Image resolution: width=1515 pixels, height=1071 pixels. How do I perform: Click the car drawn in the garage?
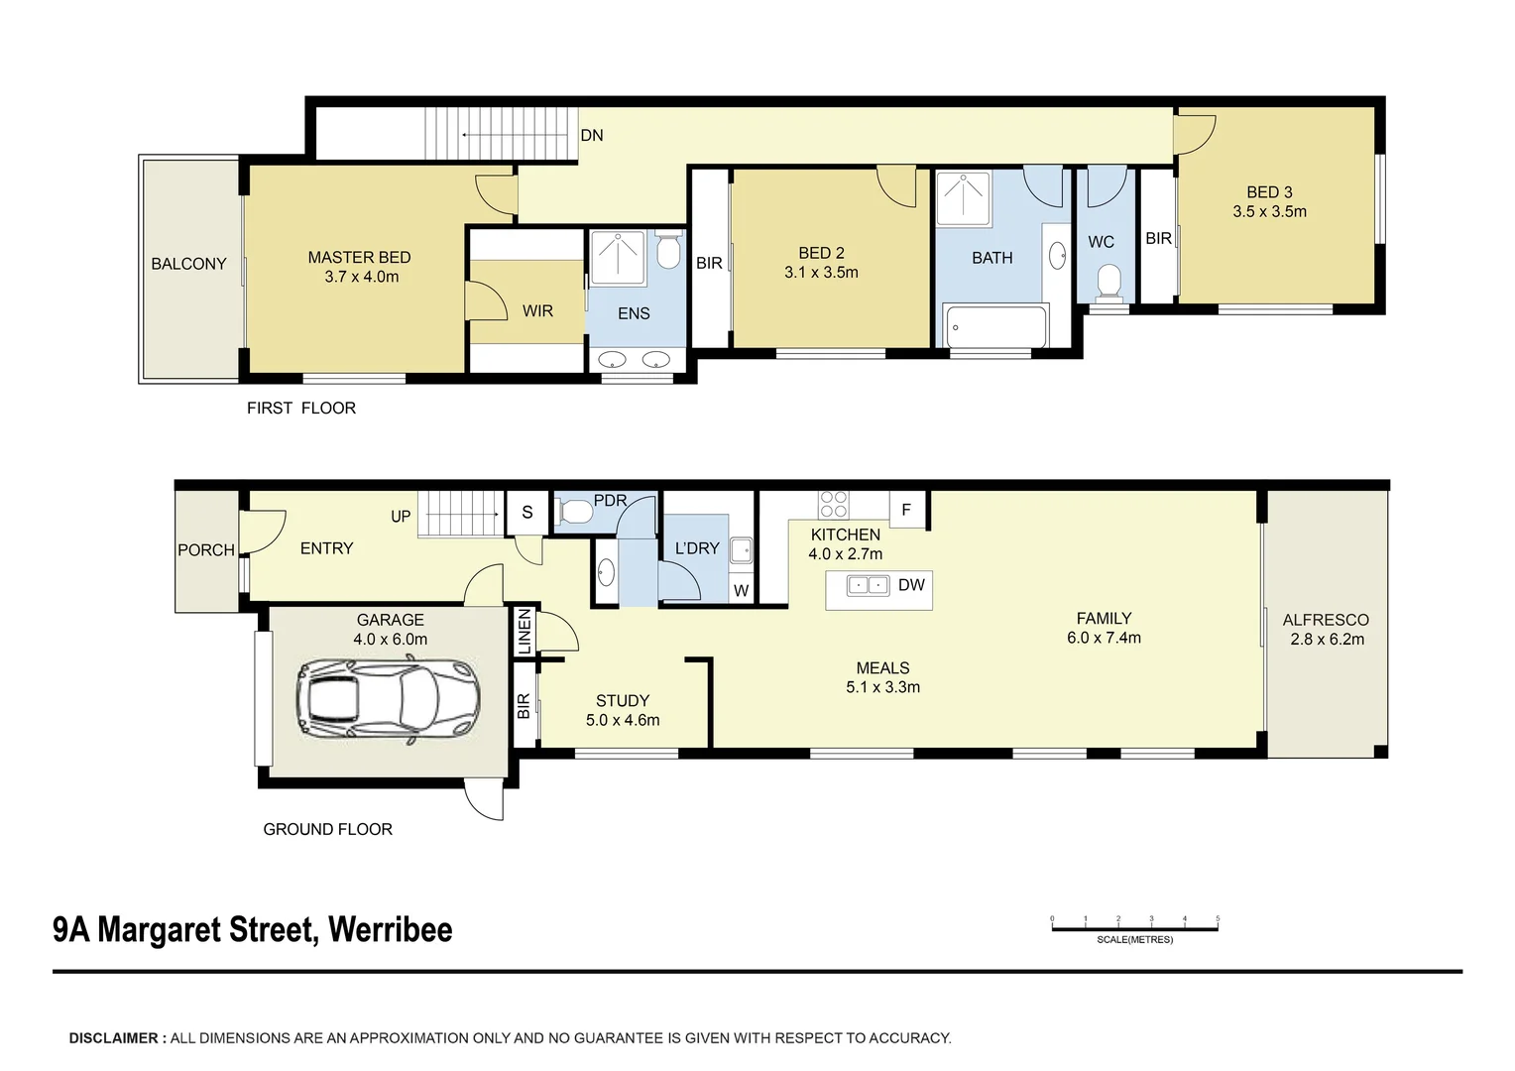pos(389,701)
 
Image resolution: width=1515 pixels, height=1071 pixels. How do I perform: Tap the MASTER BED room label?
pos(359,258)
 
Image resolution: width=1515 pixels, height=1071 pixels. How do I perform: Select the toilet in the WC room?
pos(1108,281)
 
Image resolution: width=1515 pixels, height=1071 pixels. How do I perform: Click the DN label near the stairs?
pos(592,135)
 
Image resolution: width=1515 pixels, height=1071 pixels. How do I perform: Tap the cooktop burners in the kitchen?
pos(833,505)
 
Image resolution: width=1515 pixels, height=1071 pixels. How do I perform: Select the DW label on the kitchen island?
pos(911,585)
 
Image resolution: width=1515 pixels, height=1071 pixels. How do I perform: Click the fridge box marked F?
pos(906,510)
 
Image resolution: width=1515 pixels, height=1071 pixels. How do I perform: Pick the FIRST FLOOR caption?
pos(301,408)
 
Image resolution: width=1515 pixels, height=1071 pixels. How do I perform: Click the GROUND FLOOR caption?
pos(327,829)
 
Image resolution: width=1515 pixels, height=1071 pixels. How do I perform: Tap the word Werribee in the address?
pos(391,929)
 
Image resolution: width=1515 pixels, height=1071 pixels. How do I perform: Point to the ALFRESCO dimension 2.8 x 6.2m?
pos(1327,640)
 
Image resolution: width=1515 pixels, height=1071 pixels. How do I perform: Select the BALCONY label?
pos(188,264)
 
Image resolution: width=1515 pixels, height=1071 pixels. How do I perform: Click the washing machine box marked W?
pos(742,590)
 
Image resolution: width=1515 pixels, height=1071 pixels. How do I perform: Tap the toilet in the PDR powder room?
pos(575,512)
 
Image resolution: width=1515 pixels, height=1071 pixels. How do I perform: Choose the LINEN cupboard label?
pos(524,632)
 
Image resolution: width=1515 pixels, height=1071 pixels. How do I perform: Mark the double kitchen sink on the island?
pos(868,585)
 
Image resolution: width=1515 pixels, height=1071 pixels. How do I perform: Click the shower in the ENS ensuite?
pos(618,257)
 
